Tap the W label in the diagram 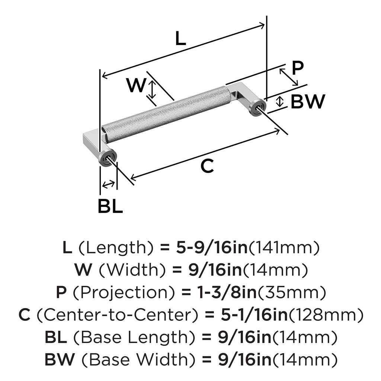pos(135,86)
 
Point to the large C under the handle pos(207,166)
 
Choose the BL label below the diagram pos(110,207)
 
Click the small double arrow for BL pos(108,184)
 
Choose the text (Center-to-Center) pos(118,316)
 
